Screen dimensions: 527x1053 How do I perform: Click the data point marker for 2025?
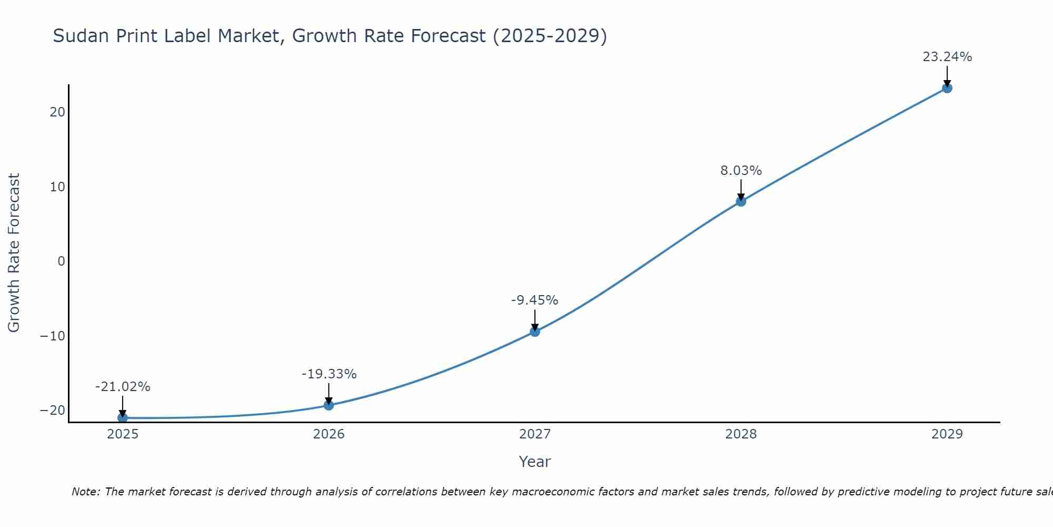123,418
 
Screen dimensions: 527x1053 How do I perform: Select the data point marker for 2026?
329,405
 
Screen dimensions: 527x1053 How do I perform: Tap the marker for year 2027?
535,331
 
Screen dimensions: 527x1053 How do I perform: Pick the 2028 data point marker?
741,201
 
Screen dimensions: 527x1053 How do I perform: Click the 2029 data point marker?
947,88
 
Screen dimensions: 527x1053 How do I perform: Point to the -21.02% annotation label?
123,387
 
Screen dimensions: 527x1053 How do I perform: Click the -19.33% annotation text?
329,374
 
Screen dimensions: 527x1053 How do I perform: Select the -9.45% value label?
534,300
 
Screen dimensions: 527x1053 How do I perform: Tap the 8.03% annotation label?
741,171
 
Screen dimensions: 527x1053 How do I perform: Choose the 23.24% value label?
947,57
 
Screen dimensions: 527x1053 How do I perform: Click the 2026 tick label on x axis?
329,434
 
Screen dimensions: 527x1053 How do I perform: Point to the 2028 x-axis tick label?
741,434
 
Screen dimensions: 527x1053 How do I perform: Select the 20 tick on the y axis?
58,112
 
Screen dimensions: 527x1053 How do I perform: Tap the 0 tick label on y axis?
62,261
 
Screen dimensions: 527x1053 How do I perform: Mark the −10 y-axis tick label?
53,336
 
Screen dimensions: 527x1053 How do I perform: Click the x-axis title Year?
534,462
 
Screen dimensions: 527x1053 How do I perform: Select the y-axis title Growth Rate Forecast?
14,253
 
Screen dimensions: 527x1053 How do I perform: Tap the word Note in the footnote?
85,492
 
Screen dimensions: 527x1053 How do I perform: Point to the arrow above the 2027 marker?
535,319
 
